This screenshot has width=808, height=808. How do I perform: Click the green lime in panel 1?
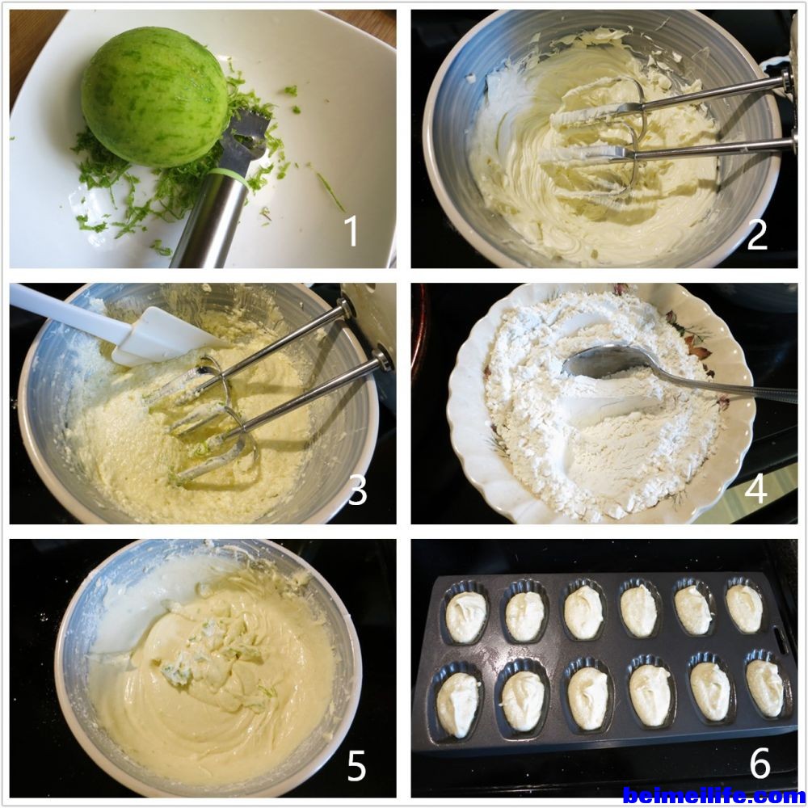tap(154, 97)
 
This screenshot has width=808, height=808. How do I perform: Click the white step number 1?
tap(351, 231)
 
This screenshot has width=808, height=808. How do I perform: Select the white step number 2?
tap(757, 234)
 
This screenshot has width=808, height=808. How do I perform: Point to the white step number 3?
tap(358, 490)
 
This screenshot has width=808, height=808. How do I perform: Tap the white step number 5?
tap(356, 766)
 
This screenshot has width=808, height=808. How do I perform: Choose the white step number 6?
tap(760, 763)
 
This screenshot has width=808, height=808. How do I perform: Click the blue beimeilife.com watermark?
tap(713, 796)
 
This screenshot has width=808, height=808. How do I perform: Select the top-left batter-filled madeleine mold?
tap(466, 613)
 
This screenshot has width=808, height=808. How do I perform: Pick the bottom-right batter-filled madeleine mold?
tap(766, 687)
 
